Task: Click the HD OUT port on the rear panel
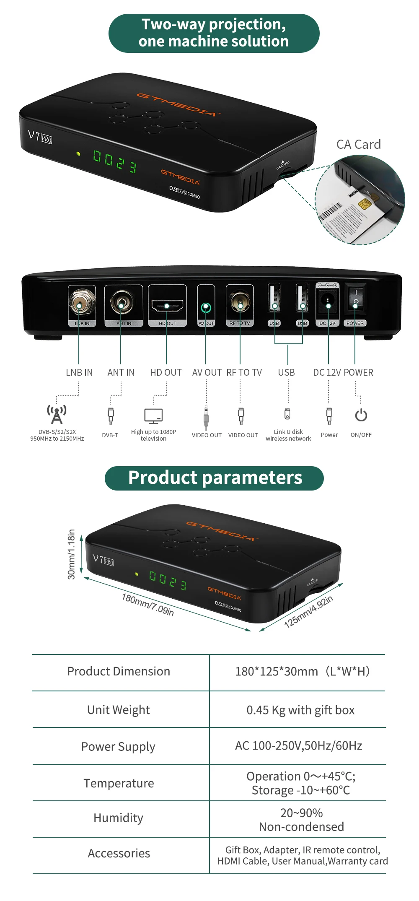[167, 306]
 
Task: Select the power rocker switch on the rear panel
[355, 298]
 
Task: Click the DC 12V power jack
[327, 301]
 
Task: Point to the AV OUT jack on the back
[206, 308]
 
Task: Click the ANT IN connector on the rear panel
[122, 302]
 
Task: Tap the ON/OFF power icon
[361, 415]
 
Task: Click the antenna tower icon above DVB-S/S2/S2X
[57, 414]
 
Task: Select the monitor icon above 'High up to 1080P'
[153, 415]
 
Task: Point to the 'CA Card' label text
[359, 145]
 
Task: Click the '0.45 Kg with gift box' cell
[300, 710]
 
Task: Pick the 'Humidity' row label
[119, 818]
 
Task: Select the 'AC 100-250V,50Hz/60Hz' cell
[298, 745]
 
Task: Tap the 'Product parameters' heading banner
[215, 478]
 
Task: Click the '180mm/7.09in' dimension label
[148, 604]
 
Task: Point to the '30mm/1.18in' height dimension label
[72, 554]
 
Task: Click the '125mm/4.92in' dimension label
[308, 611]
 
